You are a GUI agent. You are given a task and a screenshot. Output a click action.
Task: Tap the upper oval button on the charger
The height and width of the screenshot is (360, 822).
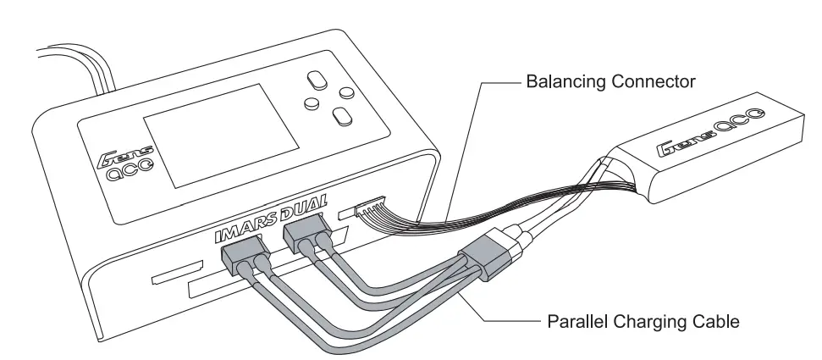coord(316,80)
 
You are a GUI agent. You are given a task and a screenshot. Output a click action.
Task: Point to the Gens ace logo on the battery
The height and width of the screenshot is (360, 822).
coord(710,135)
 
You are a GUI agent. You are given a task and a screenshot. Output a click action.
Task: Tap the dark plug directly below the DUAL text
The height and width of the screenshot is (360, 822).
coord(305,232)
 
